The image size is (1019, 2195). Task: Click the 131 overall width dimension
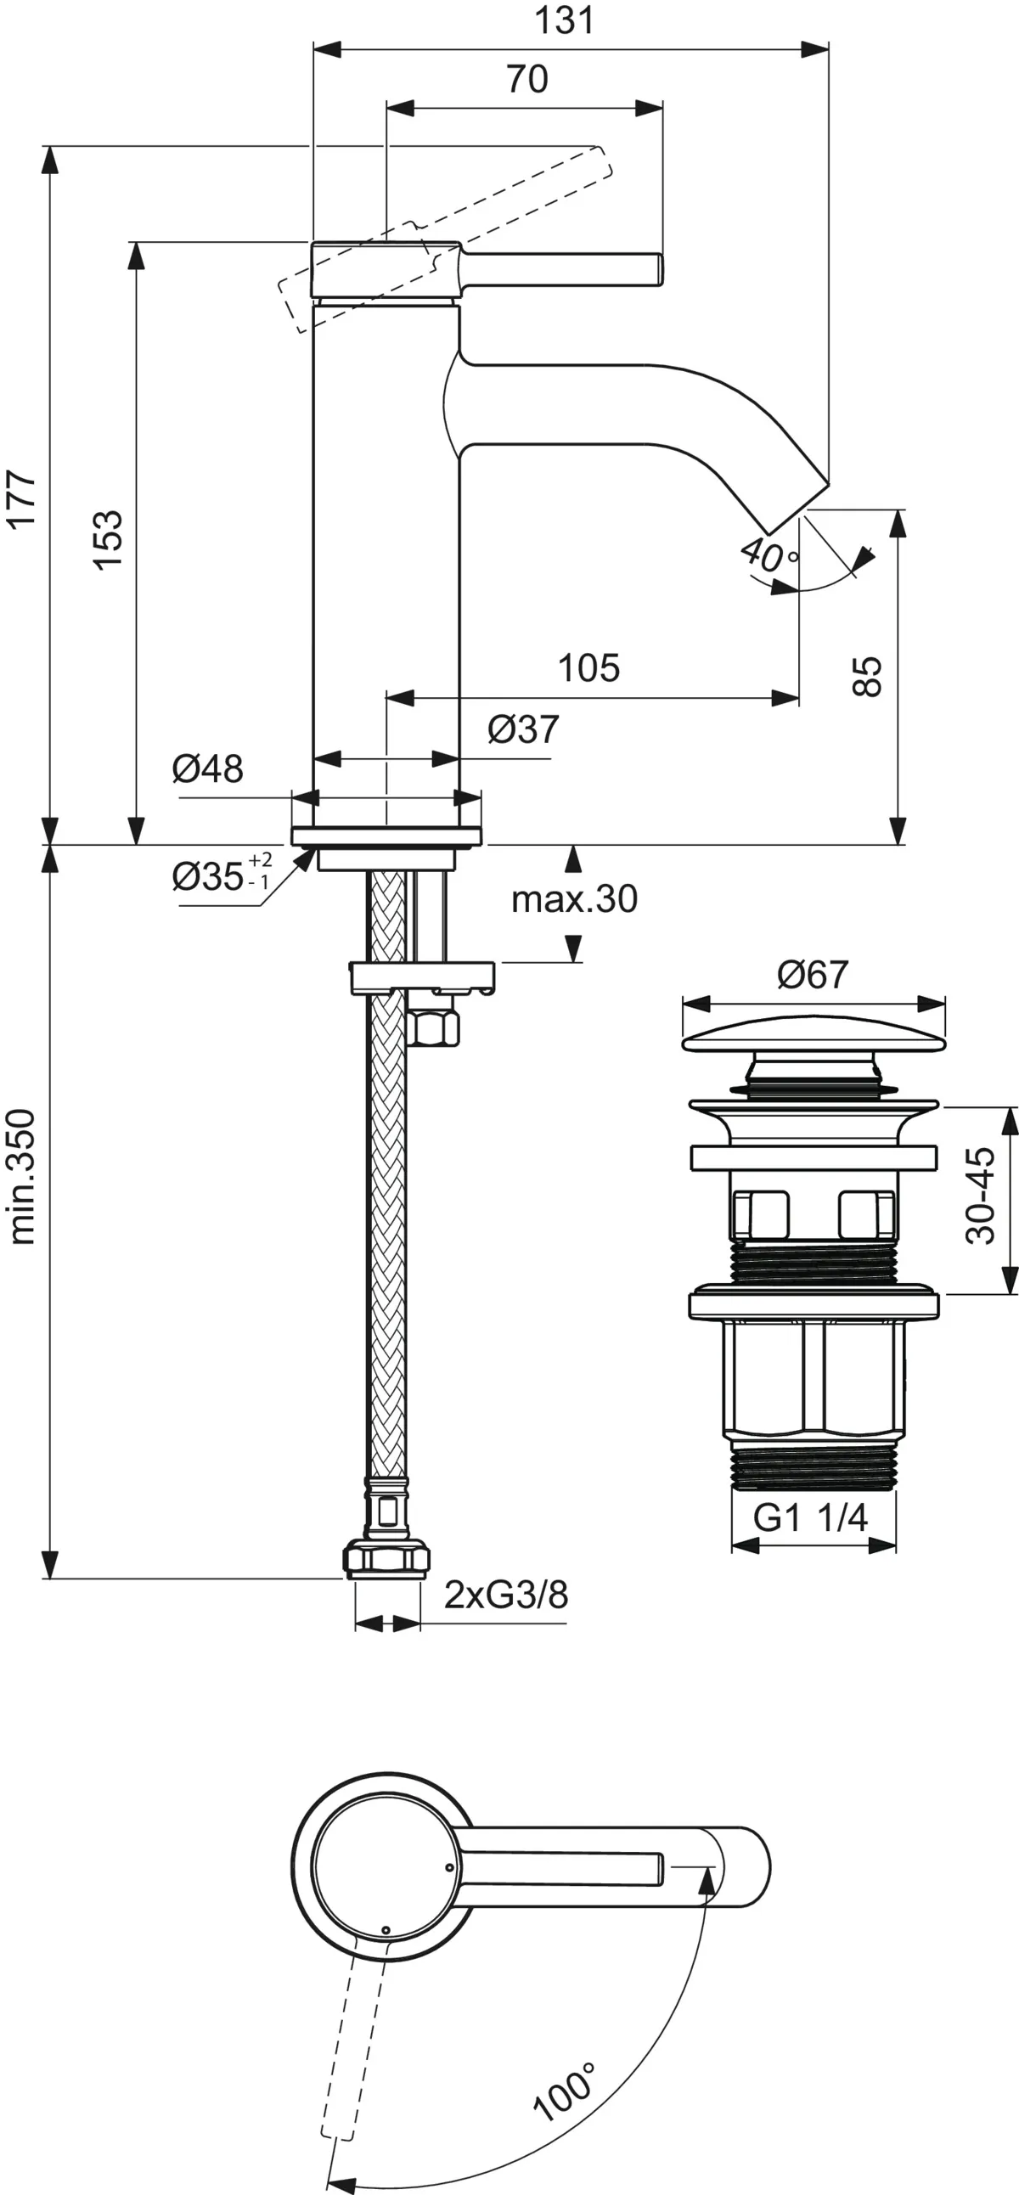click(x=564, y=20)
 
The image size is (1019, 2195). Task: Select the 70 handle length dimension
click(x=527, y=79)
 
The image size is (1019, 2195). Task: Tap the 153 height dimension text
click(x=108, y=540)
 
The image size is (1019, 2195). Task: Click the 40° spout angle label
click(x=768, y=554)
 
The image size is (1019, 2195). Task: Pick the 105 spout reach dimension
click(x=588, y=667)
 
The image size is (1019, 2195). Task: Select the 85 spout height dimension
click(x=867, y=677)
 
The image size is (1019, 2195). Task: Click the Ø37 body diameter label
click(x=523, y=729)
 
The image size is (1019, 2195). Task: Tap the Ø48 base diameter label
click(x=208, y=769)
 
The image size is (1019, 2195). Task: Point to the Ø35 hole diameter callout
click(x=220, y=875)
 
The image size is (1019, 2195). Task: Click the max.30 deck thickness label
click(x=573, y=899)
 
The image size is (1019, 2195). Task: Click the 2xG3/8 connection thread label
click(x=506, y=1594)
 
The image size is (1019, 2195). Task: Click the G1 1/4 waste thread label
click(x=810, y=1517)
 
